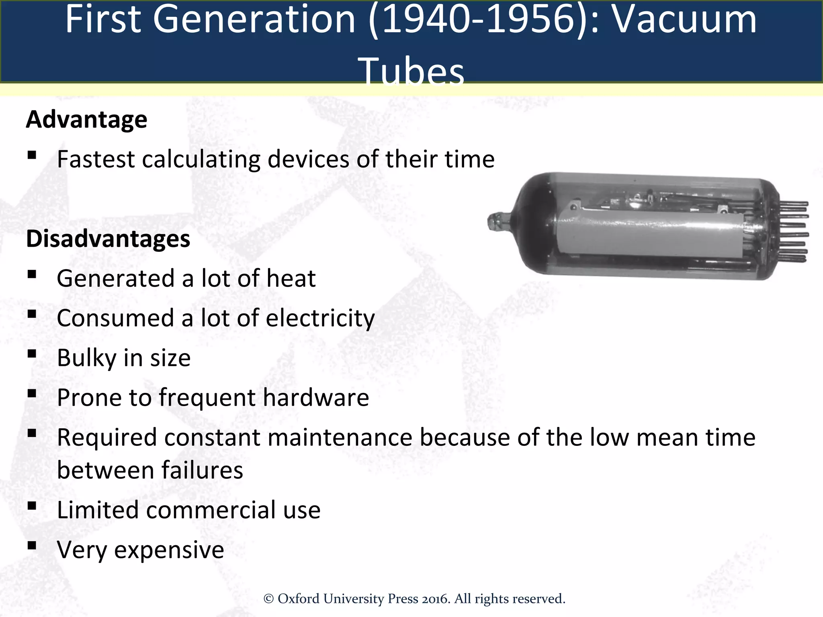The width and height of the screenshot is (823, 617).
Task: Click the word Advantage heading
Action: [86, 120]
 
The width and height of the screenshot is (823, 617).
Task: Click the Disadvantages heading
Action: [108, 239]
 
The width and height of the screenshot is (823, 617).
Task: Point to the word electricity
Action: [320, 319]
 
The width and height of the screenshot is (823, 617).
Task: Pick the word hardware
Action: [316, 398]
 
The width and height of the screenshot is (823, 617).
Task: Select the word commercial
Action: [211, 510]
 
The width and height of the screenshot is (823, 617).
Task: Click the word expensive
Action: [169, 550]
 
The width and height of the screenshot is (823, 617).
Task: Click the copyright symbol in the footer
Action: [268, 599]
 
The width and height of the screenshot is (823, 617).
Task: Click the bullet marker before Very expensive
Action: [32, 545]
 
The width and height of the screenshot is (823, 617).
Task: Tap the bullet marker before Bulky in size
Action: [32, 353]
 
